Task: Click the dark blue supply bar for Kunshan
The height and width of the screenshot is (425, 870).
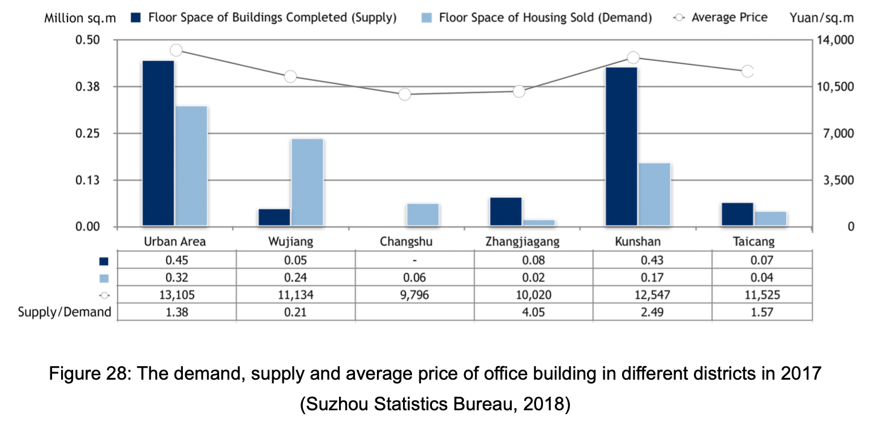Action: (x=621, y=147)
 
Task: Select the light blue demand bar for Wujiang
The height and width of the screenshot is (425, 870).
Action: (x=307, y=182)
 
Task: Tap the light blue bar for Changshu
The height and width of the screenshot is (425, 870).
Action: (x=423, y=215)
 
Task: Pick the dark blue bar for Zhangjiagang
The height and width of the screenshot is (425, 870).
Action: (x=505, y=212)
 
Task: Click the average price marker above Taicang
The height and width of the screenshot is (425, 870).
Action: (x=747, y=71)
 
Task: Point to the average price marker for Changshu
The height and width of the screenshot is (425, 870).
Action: (x=404, y=95)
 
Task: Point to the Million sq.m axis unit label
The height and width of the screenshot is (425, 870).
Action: (x=80, y=18)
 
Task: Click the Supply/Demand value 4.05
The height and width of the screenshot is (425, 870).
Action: (x=522, y=312)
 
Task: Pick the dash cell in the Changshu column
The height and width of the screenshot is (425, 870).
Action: (x=415, y=261)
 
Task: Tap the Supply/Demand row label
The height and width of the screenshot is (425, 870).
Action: (x=65, y=312)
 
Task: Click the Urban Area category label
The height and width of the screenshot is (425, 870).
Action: (x=175, y=242)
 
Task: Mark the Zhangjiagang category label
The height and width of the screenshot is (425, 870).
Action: (x=522, y=242)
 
